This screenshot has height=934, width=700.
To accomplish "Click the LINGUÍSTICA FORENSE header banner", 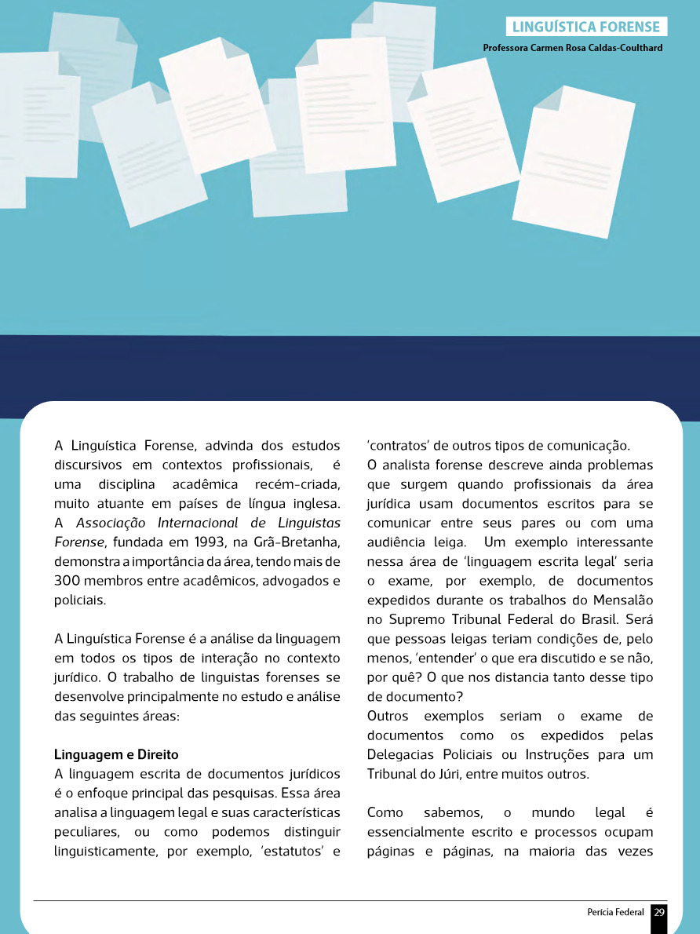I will click(x=585, y=27).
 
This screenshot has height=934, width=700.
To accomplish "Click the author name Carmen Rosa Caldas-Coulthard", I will click(x=573, y=48).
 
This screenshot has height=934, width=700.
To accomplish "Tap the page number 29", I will click(x=659, y=912).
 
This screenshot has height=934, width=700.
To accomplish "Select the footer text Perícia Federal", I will click(x=615, y=912).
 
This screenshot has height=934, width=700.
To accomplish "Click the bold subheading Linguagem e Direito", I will click(x=116, y=754).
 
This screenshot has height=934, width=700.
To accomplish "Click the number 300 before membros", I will click(x=70, y=581).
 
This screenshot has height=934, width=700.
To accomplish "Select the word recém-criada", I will click(x=298, y=484).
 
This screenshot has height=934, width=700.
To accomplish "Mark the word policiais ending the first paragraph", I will click(x=79, y=600).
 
